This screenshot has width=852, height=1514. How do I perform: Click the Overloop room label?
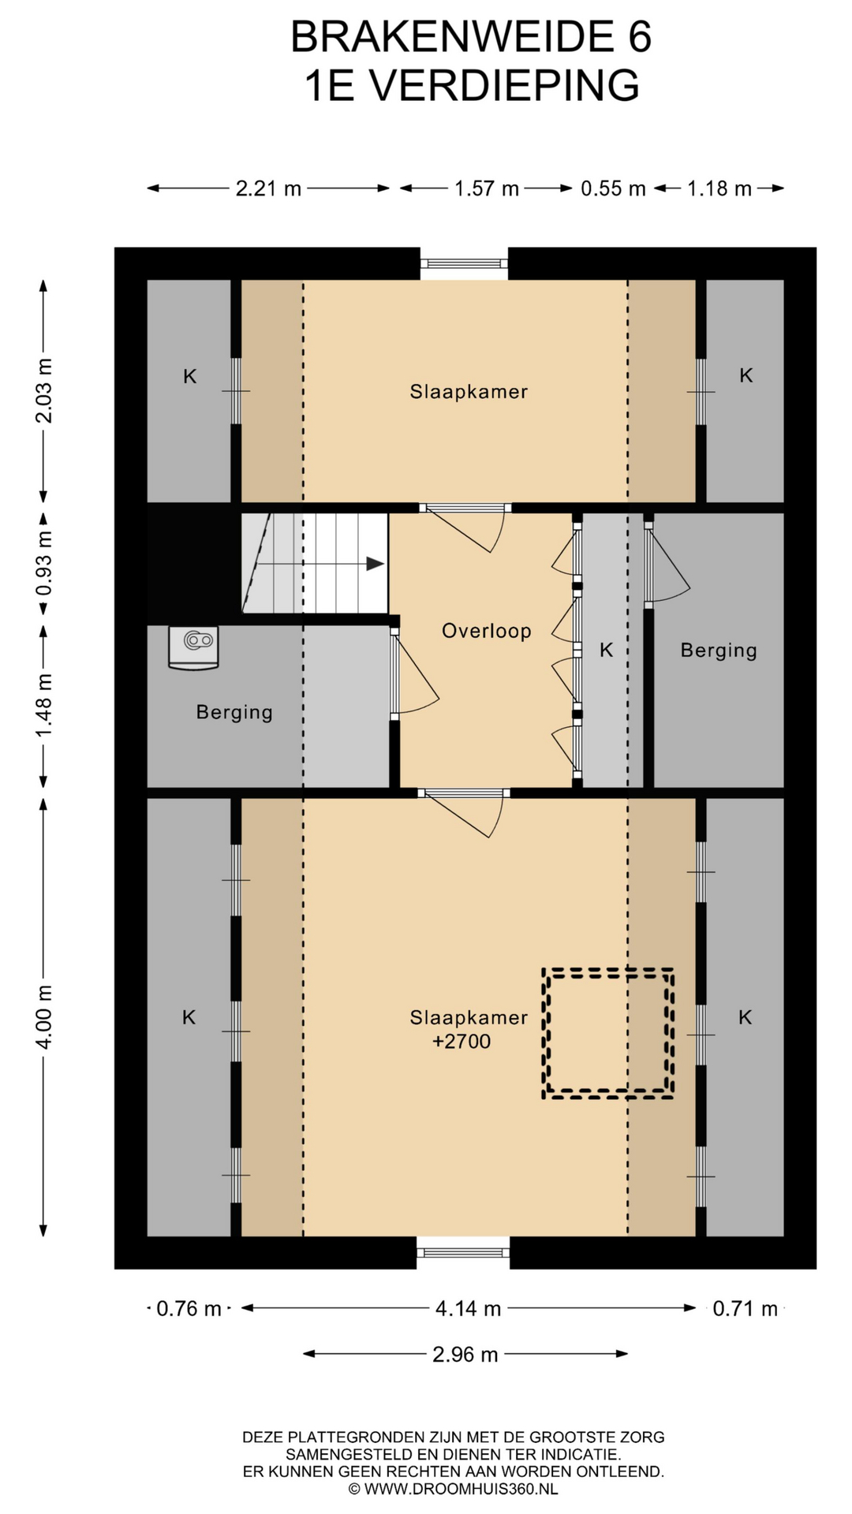tap(486, 631)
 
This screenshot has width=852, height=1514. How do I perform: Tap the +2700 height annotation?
tap(461, 1042)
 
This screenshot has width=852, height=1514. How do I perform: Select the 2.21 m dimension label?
tap(268, 188)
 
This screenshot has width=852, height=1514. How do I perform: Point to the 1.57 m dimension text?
tap(486, 188)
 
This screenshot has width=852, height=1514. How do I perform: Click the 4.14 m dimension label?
tap(469, 1309)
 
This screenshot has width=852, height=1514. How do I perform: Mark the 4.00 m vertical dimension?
tap(43, 1016)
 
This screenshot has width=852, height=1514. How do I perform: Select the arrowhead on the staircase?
tap(376, 564)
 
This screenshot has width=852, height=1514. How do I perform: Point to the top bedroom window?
tap(464, 263)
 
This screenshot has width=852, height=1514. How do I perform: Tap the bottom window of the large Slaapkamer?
tap(463, 1252)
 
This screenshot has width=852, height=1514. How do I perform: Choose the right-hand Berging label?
tap(719, 651)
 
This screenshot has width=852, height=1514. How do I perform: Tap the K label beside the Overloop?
tap(606, 650)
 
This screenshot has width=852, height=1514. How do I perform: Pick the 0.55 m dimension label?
tap(613, 188)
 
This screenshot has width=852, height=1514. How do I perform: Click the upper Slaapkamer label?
tap(469, 392)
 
